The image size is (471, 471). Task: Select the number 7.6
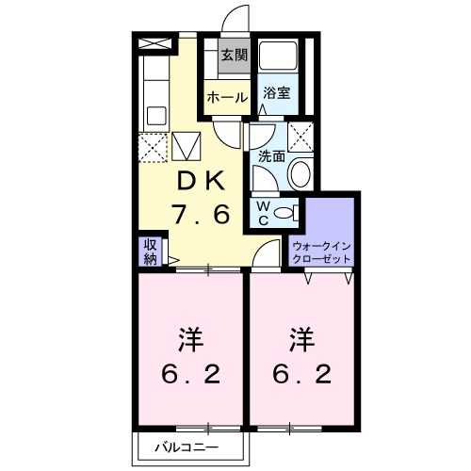click(x=200, y=215)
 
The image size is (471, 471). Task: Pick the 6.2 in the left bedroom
click(x=194, y=374)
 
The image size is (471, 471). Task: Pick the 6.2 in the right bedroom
click(x=305, y=374)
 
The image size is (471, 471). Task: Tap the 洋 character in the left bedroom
click(x=194, y=337)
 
